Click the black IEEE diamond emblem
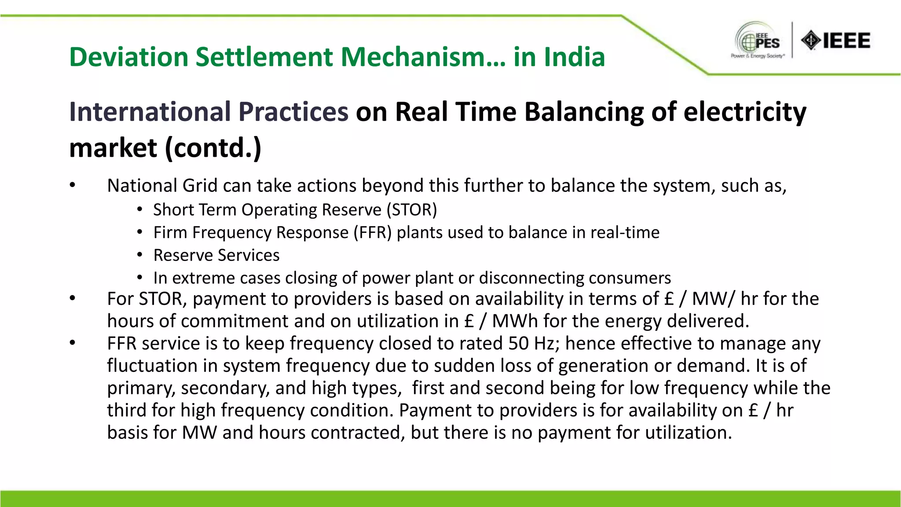[810, 40]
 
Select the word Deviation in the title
[129, 57]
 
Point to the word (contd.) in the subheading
[213, 148]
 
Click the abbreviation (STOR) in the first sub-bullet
[412, 210]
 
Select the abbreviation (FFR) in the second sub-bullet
[373, 232]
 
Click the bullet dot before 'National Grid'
[73, 185]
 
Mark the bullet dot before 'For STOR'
[73, 298]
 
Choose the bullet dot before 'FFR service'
[73, 343]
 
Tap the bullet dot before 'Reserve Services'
[139, 255]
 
